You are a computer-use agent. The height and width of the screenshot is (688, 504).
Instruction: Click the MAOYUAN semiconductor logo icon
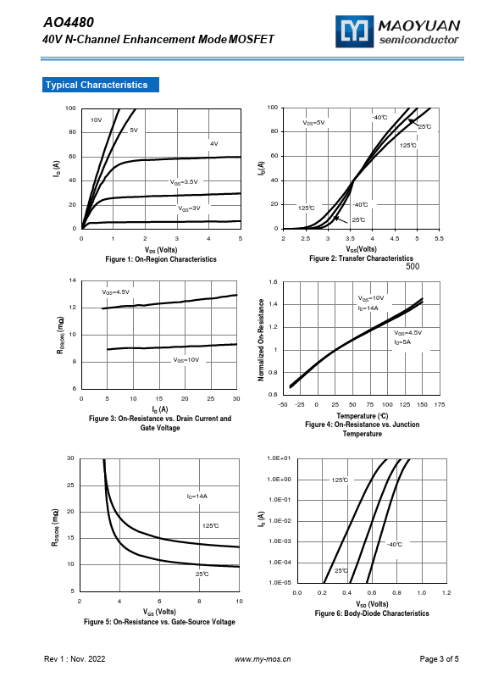tap(354, 31)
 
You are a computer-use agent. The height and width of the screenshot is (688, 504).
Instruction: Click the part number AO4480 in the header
tap(69, 22)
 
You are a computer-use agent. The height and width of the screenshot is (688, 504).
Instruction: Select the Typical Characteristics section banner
tap(101, 85)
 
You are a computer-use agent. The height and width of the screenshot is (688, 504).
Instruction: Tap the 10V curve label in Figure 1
tap(96, 119)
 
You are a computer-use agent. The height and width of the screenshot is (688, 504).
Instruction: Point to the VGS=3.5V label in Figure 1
tap(184, 181)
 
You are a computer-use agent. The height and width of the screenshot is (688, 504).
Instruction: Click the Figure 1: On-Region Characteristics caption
tap(161, 259)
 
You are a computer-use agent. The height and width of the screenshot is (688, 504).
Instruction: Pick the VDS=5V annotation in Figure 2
tap(313, 122)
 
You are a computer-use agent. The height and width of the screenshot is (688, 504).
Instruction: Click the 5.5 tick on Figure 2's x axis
tap(439, 238)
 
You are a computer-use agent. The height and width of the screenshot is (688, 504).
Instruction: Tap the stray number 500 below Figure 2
tap(413, 266)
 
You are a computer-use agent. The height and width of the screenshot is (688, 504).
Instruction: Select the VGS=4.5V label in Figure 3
tap(115, 291)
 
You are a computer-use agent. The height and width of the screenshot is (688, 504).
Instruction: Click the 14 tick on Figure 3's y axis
tap(72, 280)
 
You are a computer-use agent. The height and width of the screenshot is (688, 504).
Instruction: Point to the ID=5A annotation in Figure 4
tap(402, 341)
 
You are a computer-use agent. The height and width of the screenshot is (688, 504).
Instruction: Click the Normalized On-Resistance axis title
tap(261, 340)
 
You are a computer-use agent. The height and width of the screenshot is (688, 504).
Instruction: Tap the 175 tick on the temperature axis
tap(439, 404)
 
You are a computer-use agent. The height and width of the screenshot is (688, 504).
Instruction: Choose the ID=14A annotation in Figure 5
tap(197, 497)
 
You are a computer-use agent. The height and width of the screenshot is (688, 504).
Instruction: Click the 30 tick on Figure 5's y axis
tap(70, 458)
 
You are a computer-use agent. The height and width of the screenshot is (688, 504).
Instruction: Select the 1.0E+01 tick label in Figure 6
tap(279, 458)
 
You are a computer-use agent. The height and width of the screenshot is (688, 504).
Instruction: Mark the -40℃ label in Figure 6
tap(395, 544)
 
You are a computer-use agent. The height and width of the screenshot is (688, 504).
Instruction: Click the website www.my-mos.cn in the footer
tap(263, 659)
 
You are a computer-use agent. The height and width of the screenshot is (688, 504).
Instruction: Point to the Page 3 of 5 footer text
tap(439, 658)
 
